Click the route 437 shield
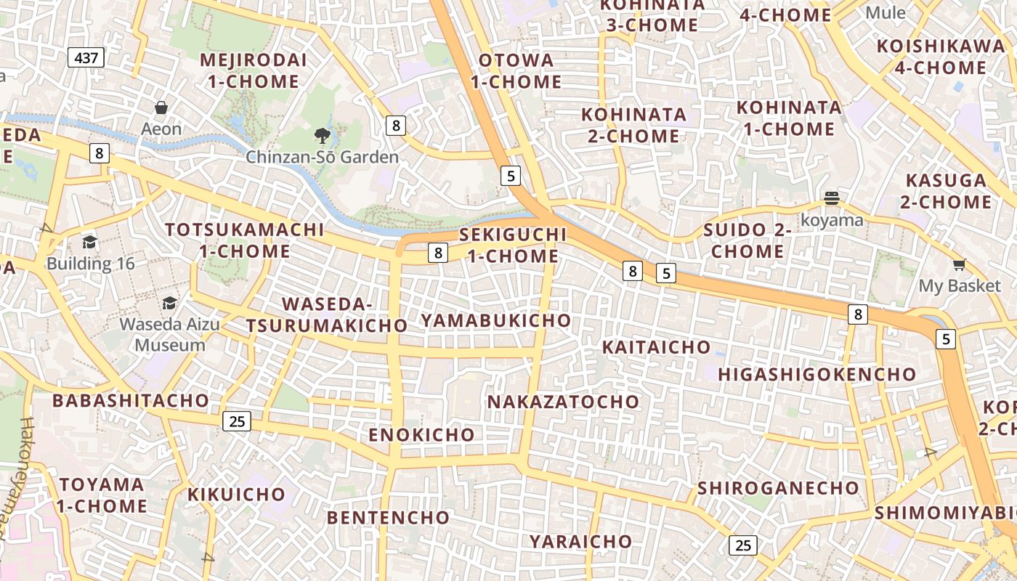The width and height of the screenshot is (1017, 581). pos(86,57)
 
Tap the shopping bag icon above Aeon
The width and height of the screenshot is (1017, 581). pos(161,108)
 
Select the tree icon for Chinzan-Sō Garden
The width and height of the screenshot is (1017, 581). pos(322,135)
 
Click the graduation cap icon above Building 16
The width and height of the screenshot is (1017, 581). pos(90,242)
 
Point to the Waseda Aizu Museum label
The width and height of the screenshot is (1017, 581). pos(170,334)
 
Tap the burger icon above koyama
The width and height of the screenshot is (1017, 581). pos(832,198)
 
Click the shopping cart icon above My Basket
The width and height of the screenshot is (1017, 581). pos(960,264)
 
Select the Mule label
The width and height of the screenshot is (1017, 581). pos(886,12)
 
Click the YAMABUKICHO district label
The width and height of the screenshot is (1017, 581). pos(496,320)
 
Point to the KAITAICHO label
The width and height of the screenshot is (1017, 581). pos(656,347)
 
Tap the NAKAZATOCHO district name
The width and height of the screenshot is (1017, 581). pos(563,402)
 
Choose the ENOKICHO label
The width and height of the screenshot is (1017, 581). pos(421,435)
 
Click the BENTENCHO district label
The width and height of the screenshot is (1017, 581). pos(388,517)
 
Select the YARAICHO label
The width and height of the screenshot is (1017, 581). pos(580,541)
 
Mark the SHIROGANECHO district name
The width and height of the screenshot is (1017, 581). pos(778,487)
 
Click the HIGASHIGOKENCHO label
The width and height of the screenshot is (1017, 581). pos(817,374)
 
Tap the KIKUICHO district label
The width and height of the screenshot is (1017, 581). pos(237,495)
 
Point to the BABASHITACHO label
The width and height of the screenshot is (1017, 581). pos(131,400)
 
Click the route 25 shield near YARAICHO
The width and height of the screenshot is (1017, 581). pos(742,545)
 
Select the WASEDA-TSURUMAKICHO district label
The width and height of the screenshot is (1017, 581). pos(327,314)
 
